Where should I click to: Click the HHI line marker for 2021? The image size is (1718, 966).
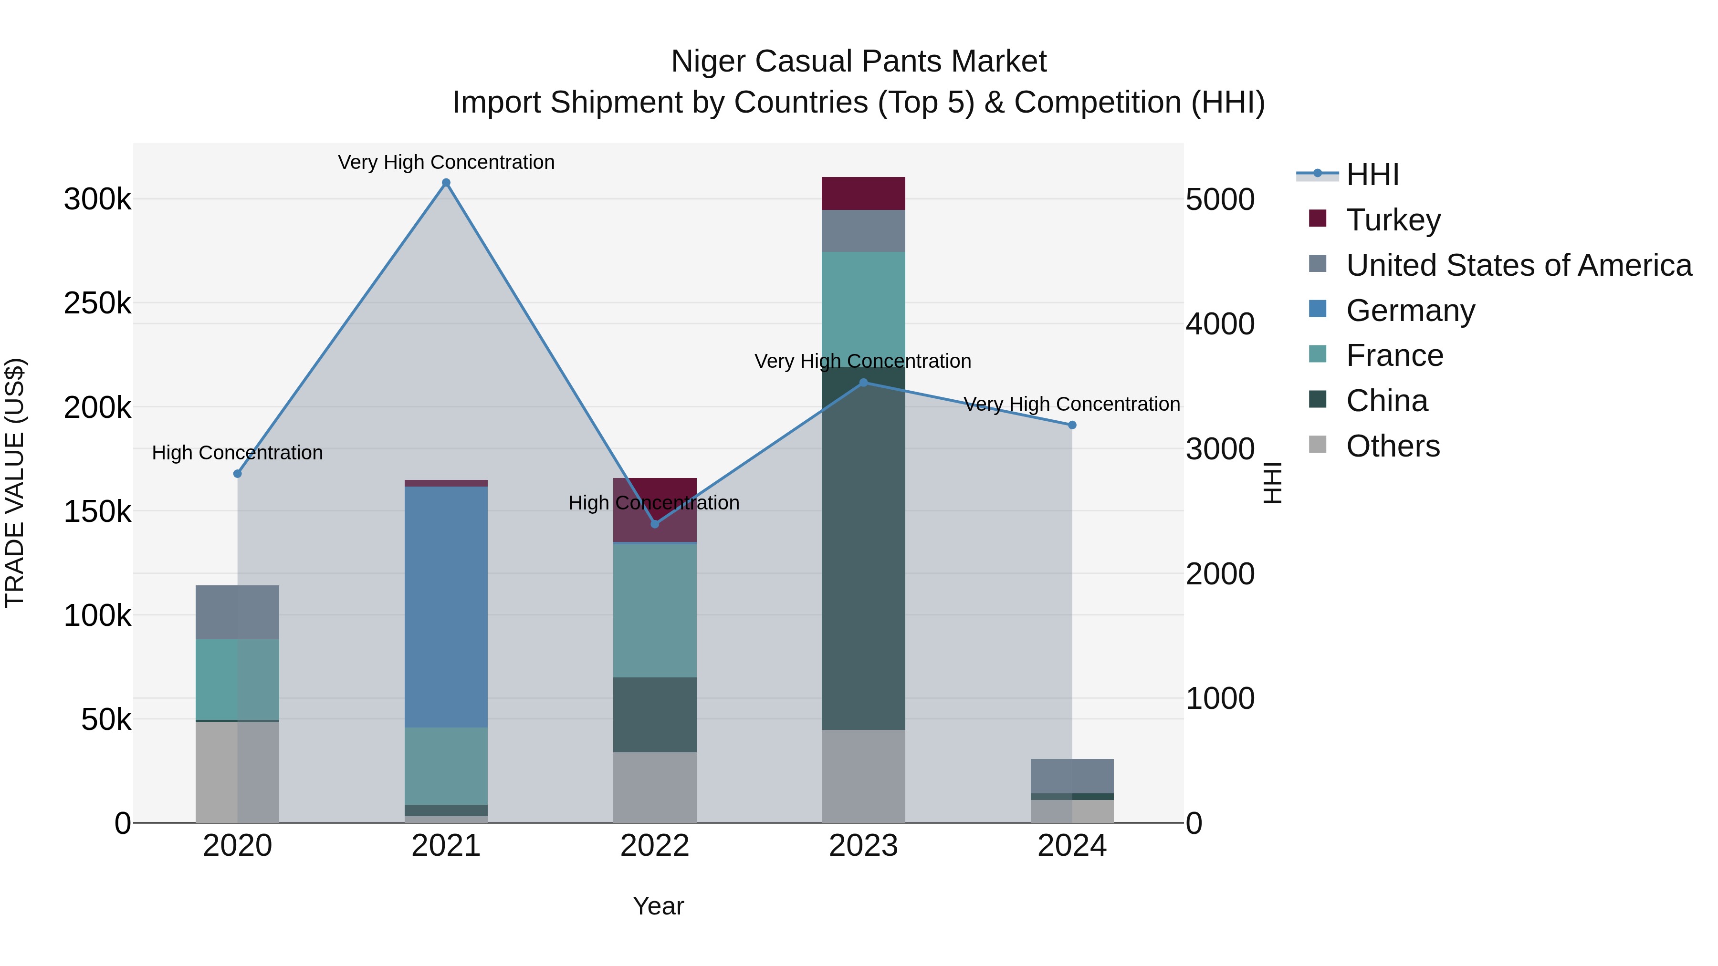point(446,183)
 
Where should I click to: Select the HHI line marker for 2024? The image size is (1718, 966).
point(1072,425)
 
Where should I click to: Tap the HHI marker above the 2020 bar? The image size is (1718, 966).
point(238,473)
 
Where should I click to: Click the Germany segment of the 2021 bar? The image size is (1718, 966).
point(446,607)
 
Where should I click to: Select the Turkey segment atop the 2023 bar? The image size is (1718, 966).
point(863,193)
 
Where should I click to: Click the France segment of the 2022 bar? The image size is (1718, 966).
point(654,611)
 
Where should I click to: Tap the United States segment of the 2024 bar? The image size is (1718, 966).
point(1072,776)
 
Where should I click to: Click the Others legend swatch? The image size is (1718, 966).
point(1317,445)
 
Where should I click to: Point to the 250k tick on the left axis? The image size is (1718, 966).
point(97,303)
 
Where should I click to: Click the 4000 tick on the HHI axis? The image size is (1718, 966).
point(1220,324)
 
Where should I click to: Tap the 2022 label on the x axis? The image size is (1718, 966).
point(654,846)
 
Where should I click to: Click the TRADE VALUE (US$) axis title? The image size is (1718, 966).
point(15,483)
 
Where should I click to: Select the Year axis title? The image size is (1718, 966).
point(658,906)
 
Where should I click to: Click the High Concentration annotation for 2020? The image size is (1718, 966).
point(238,453)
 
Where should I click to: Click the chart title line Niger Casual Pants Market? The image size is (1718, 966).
point(859,62)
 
